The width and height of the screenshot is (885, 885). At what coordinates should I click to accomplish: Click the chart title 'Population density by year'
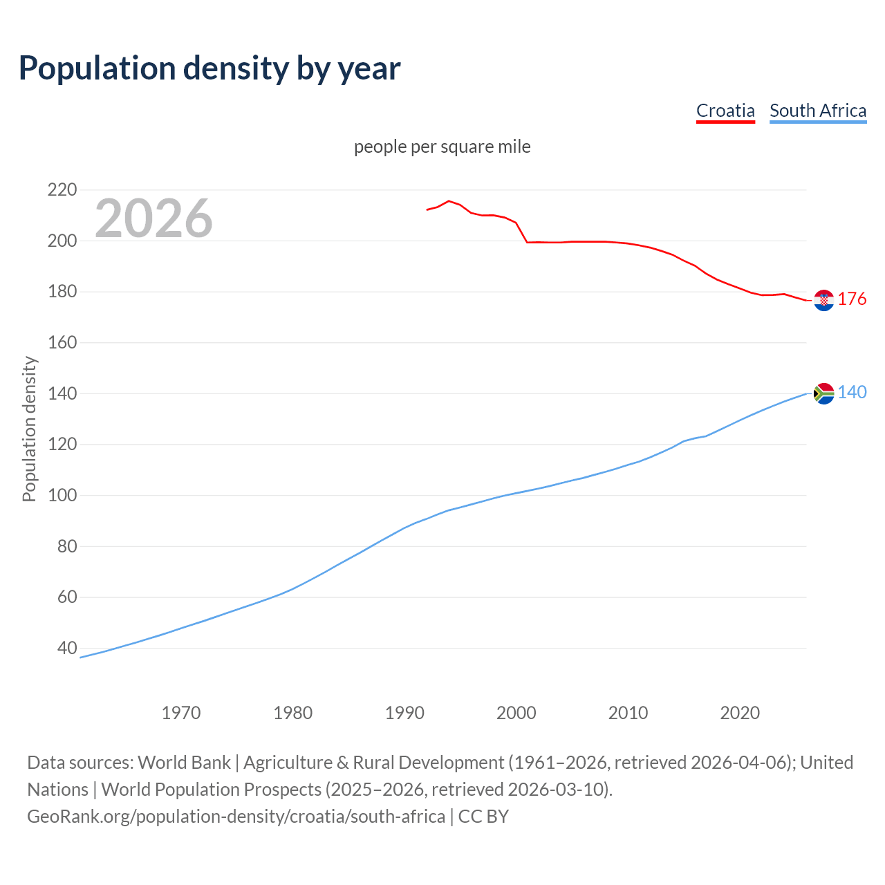tap(209, 68)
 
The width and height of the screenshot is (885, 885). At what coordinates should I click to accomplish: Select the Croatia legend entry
tap(725, 111)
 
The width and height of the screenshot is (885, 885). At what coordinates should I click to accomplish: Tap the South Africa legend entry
tap(818, 111)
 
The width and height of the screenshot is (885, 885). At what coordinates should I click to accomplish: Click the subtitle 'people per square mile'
tap(442, 147)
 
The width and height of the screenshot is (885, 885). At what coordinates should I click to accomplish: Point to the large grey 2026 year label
tap(153, 218)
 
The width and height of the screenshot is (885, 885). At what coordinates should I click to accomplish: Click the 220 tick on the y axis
tap(62, 189)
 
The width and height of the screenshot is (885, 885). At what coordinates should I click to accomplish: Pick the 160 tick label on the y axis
tap(62, 342)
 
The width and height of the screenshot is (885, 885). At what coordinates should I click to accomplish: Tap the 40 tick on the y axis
tap(67, 648)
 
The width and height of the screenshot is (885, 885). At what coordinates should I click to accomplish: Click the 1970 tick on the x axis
tap(181, 712)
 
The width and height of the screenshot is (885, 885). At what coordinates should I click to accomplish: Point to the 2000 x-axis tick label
tap(516, 712)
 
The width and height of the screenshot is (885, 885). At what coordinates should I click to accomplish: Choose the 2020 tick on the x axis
tap(740, 712)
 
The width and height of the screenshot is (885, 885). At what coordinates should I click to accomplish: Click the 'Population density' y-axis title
tap(29, 429)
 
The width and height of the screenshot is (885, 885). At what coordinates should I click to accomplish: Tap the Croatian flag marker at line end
tap(823, 300)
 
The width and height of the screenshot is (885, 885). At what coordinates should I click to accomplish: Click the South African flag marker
tap(823, 393)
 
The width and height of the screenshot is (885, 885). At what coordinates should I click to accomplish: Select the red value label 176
tap(852, 299)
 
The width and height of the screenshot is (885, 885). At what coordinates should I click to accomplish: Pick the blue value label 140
tap(852, 392)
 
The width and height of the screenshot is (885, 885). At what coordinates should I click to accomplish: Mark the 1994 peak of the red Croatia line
tap(449, 201)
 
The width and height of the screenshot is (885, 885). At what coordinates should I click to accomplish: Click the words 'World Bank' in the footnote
tap(184, 762)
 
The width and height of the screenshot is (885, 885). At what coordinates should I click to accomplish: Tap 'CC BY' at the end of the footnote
tap(483, 816)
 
